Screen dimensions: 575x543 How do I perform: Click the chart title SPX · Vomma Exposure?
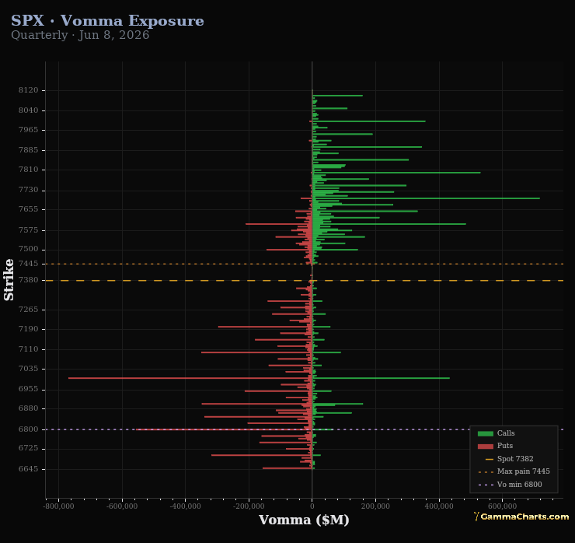pos(107,20)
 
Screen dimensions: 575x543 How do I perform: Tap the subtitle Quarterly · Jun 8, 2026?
pos(80,35)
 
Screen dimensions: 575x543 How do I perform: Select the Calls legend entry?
pos(496,433)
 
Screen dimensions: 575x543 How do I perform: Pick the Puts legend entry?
pos(495,446)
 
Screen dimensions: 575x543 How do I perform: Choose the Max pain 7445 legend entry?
pos(514,471)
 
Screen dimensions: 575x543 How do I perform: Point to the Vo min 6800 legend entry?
pos(510,485)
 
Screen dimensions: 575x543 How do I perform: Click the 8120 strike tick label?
pos(28,90)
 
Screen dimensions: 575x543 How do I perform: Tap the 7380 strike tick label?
pos(28,280)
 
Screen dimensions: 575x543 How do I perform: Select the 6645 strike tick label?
pos(28,469)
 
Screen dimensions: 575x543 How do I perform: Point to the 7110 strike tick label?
pos(28,349)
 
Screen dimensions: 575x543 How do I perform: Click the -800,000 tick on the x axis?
pos(59,506)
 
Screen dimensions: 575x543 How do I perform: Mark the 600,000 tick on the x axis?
pos(503,506)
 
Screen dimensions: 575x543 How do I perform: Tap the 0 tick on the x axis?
pos(312,506)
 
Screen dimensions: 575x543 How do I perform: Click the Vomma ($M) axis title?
pos(304,520)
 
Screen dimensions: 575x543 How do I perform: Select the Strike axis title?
pos(9,280)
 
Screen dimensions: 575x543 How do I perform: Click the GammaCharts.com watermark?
pos(521,517)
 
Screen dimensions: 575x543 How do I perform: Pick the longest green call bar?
pos(426,198)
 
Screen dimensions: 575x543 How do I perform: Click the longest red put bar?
pos(190,378)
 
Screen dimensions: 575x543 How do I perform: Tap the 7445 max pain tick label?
pos(28,264)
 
